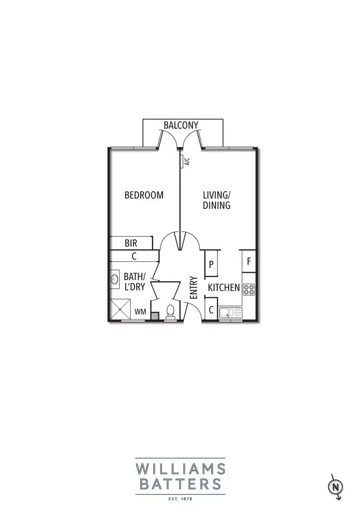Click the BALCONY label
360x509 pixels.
180,125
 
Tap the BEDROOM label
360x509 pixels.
144,195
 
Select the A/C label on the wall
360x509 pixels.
187,162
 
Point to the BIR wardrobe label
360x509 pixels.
131,243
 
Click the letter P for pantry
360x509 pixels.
211,265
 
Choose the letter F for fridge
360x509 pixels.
249,262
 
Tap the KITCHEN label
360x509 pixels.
224,288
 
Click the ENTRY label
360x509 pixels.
194,288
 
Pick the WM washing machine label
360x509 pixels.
140,312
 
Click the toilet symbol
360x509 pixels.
169,312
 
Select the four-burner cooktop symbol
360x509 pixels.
249,289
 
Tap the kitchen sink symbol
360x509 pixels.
231,313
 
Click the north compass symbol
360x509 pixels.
337,486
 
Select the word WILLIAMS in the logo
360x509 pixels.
180,467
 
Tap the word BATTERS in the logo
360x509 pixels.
180,483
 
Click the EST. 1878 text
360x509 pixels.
180,498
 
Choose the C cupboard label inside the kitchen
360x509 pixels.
211,310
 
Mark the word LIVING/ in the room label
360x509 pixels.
216,195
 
